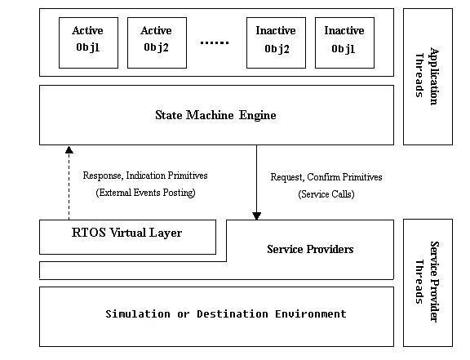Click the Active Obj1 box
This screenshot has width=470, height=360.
pos(88,42)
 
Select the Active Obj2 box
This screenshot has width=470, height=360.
pos(157,42)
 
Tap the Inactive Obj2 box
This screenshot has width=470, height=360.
pos(276,42)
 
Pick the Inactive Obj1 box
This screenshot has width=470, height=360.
pos(344,42)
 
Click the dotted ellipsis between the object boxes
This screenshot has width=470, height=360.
pos(215,43)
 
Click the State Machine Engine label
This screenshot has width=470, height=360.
pos(215,115)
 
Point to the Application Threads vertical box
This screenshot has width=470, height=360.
pos(428,77)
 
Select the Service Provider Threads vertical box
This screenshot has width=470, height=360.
pos(428,282)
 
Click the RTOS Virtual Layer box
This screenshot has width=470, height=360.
pos(127,237)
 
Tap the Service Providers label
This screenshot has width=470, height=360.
pos(310,249)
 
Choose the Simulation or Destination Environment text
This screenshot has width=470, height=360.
pos(226,313)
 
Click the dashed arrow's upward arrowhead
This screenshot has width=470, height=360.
pos(69,150)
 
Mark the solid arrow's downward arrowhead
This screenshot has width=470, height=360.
pos(256,216)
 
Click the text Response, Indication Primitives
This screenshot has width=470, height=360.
pos(145,176)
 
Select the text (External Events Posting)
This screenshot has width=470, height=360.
pos(145,193)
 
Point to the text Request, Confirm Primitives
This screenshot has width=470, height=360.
pos(326,177)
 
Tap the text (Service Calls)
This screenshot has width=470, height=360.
pos(326,194)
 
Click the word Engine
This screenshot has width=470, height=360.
pos(258,115)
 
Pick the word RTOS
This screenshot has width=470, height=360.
pos(88,233)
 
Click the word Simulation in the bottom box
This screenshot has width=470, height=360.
pos(138,313)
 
